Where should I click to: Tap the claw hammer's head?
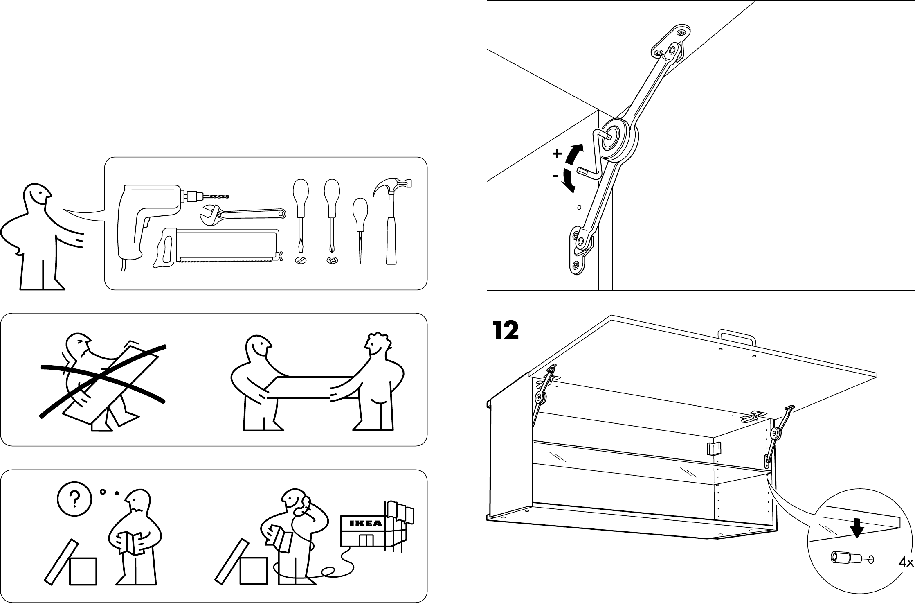(x=393, y=187)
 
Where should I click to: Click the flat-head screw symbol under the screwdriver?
(x=301, y=260)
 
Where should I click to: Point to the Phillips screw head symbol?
(x=333, y=260)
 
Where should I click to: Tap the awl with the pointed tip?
(x=360, y=229)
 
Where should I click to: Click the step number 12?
(x=506, y=330)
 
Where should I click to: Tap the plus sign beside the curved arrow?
(x=557, y=154)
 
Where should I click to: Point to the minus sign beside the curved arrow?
(x=555, y=176)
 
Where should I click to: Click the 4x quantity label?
(x=906, y=574)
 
